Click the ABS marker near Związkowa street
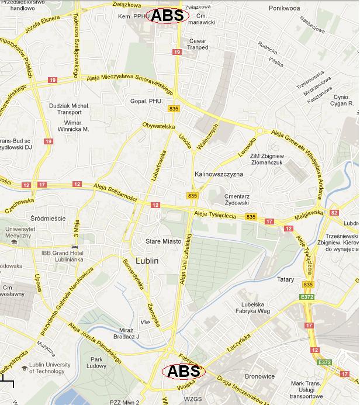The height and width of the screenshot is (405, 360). pos(167,16)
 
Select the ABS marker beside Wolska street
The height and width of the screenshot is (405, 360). pos(184,371)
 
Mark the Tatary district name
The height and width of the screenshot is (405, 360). pos(285,280)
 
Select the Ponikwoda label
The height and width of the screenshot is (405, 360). pos(285,9)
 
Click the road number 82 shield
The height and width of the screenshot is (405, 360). pos(334,213)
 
